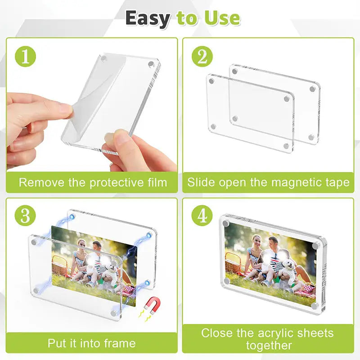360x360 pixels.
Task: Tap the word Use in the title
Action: (222, 18)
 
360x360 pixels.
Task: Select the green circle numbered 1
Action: (25, 57)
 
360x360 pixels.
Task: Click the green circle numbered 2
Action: (202, 57)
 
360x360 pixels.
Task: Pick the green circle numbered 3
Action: (25, 216)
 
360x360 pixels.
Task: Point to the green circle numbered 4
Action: (202, 216)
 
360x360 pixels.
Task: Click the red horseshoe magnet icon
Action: (152, 306)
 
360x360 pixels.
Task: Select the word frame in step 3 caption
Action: (120, 343)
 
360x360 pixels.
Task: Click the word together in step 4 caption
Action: (269, 346)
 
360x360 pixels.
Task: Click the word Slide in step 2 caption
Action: (201, 182)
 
